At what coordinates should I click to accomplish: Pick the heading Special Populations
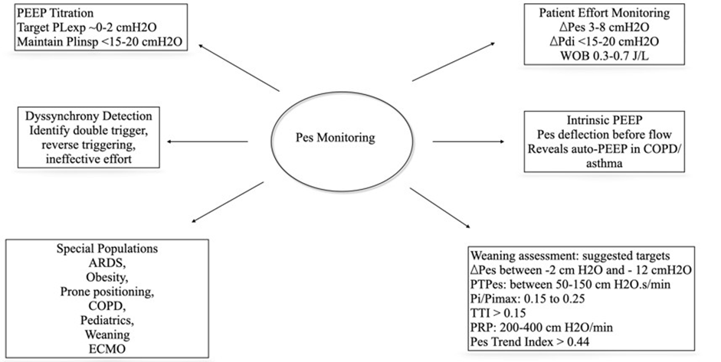pyautogui.click(x=96, y=249)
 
